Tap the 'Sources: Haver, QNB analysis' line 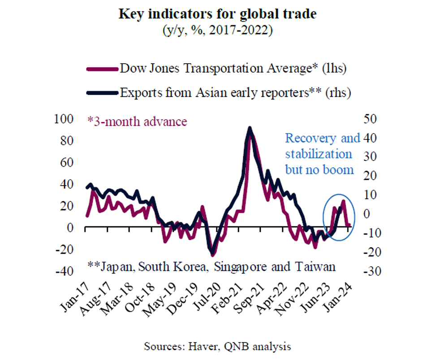pyautogui.click(x=217, y=346)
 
